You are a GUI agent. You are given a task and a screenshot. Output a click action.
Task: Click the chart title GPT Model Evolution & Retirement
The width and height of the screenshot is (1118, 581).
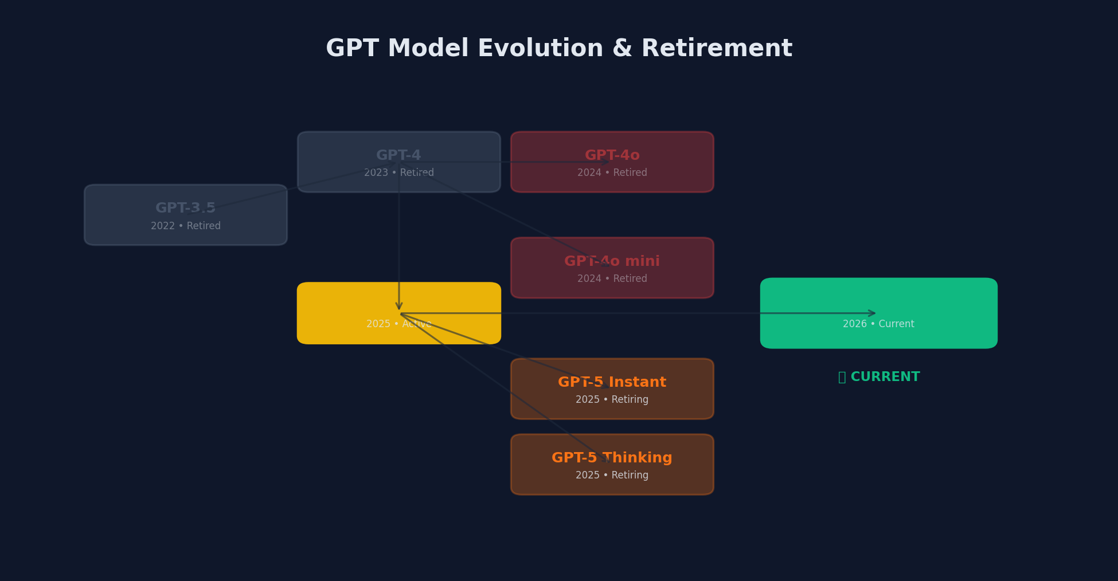pos(558,49)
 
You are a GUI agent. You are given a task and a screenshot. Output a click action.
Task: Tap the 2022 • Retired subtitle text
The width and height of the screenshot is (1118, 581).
pos(185,226)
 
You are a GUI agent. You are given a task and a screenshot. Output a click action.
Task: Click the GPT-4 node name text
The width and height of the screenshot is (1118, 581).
pos(398,155)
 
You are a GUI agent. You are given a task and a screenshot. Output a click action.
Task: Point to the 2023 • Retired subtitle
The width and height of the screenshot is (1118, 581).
pos(398,172)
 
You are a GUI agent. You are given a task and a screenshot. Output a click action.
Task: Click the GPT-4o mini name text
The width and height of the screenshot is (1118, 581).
pos(612,261)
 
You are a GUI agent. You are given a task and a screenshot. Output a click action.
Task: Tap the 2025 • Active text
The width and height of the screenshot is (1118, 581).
pos(398,324)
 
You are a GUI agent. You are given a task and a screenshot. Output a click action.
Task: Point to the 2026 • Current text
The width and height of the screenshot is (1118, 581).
pos(878,324)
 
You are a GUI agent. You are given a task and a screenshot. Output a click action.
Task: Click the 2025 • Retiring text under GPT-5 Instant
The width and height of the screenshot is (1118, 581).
pos(612,399)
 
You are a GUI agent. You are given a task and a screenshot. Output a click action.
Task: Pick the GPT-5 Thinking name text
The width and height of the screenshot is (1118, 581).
pos(612,458)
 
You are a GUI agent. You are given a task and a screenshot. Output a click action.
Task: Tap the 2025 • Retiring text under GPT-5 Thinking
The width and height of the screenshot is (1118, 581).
pos(612,475)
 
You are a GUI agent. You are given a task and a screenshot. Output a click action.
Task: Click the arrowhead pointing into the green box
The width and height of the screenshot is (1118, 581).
pos(872,313)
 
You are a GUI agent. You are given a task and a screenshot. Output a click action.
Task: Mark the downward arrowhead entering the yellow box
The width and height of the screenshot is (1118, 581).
pos(399,306)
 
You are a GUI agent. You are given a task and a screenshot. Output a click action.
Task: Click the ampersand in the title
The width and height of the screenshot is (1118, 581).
pos(622,49)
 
